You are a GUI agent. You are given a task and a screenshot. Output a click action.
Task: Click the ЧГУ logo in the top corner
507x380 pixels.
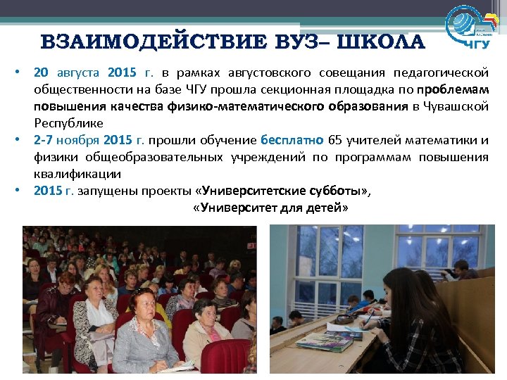(x=471, y=29)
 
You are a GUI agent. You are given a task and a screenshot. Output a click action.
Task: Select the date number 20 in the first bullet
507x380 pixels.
(x=42, y=73)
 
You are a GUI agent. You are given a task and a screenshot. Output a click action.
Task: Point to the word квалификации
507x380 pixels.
(x=77, y=173)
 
